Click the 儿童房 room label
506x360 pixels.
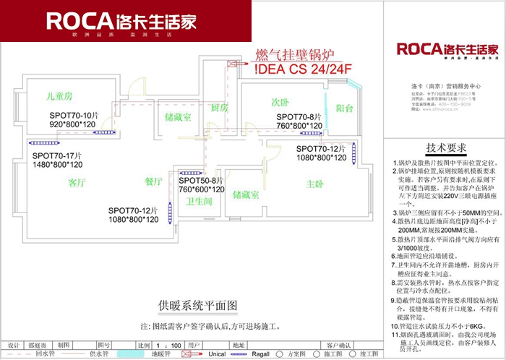pyautogui.click(x=58, y=95)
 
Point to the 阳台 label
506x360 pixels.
pyautogui.click(x=345, y=108)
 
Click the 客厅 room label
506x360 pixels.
pyautogui.click(x=77, y=182)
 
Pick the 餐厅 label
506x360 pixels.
pyautogui.click(x=154, y=181)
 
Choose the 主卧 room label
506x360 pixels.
pyautogui.click(x=315, y=184)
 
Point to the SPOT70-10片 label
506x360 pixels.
pyautogui.click(x=73, y=116)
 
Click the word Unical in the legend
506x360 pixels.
pyautogui.click(x=217, y=354)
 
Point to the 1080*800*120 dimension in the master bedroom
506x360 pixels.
pyautogui.click(x=322, y=158)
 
